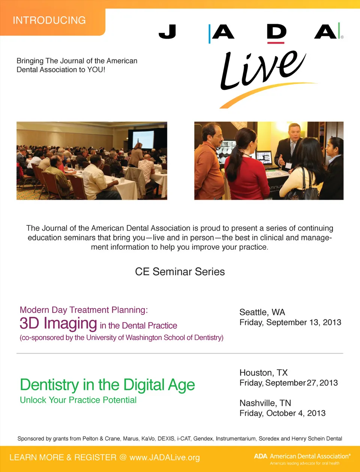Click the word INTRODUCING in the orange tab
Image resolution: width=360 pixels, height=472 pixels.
(49, 20)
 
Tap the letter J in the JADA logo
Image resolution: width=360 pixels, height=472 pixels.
(168, 31)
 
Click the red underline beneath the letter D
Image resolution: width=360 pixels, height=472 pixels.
(276, 43)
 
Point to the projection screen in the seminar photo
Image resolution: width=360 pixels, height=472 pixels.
(143, 139)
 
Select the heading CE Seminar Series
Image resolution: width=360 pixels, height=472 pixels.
(180, 271)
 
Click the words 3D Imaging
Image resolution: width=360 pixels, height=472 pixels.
(58, 323)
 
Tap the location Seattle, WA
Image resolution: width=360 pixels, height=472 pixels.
(262, 312)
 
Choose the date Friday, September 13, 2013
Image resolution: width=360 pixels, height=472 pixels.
(290, 322)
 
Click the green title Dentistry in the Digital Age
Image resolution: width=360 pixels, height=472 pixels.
(107, 385)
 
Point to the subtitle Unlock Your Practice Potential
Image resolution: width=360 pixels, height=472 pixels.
(78, 400)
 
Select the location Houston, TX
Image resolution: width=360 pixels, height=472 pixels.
(264, 373)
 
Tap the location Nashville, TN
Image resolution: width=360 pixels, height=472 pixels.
(265, 403)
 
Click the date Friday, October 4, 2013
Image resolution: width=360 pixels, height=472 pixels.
(282, 413)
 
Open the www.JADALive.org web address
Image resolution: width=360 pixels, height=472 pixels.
(165, 457)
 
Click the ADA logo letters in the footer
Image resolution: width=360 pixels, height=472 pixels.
(261, 456)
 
